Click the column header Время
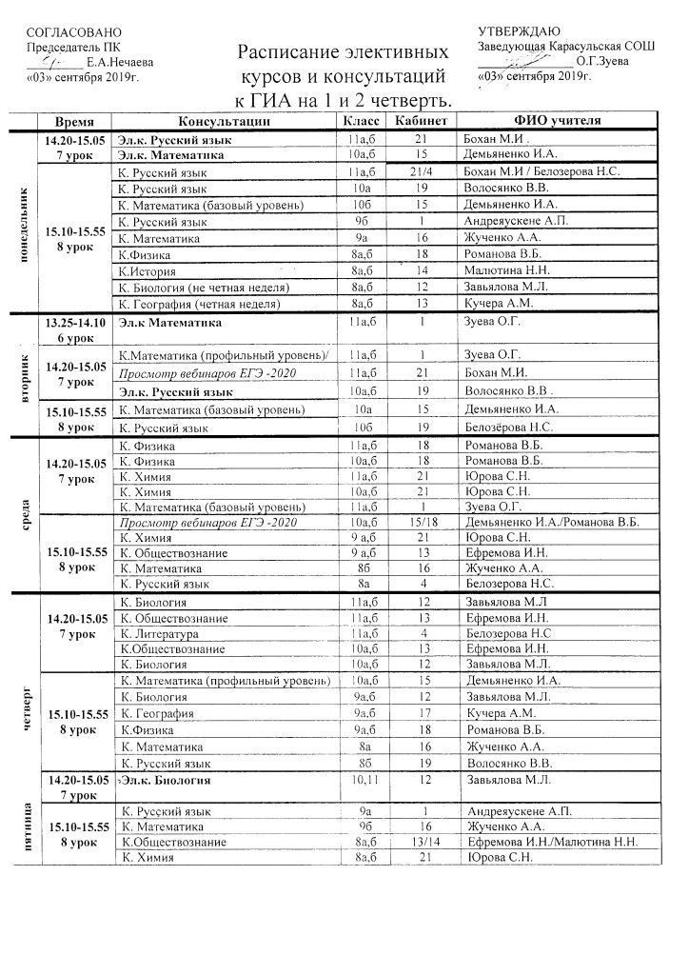coord(73,122)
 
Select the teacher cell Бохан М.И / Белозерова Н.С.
coord(539,171)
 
